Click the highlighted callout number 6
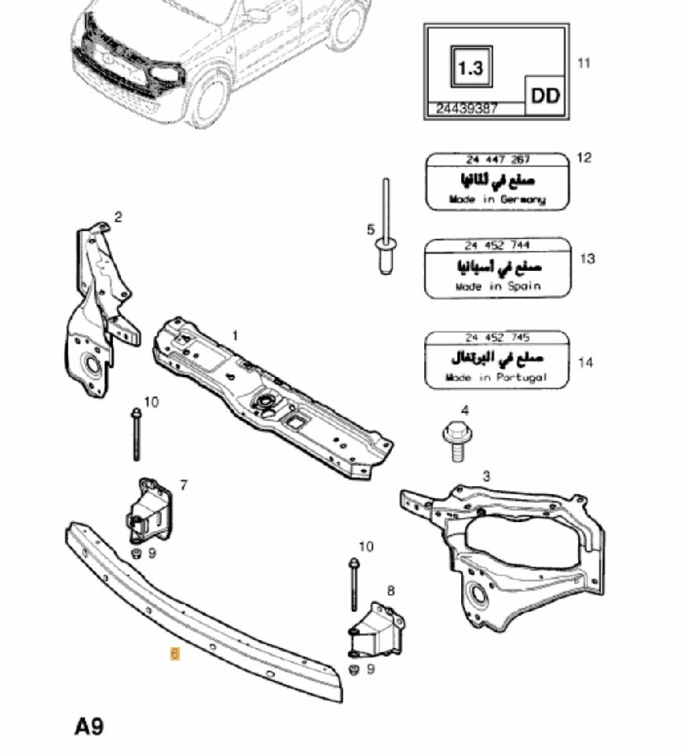174,653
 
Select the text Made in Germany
496,199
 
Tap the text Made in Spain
497,287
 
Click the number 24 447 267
497,159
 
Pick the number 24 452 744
497,245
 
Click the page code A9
90,727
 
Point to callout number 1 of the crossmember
234,336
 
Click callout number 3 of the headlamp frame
486,476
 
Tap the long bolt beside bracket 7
137,437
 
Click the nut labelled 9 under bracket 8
353,670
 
